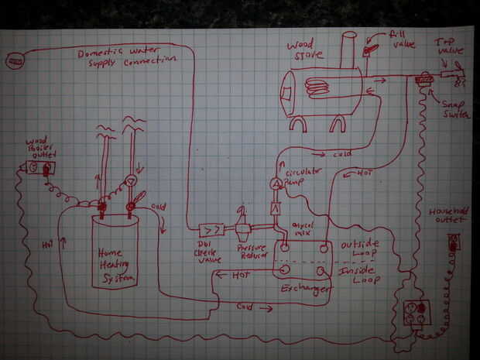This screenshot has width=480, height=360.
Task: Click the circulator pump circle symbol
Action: click(276, 183)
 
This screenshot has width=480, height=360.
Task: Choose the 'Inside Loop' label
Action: click(358, 276)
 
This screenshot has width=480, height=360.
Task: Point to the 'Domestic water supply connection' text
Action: click(128, 58)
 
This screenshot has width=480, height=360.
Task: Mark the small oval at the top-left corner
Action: click(15, 58)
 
